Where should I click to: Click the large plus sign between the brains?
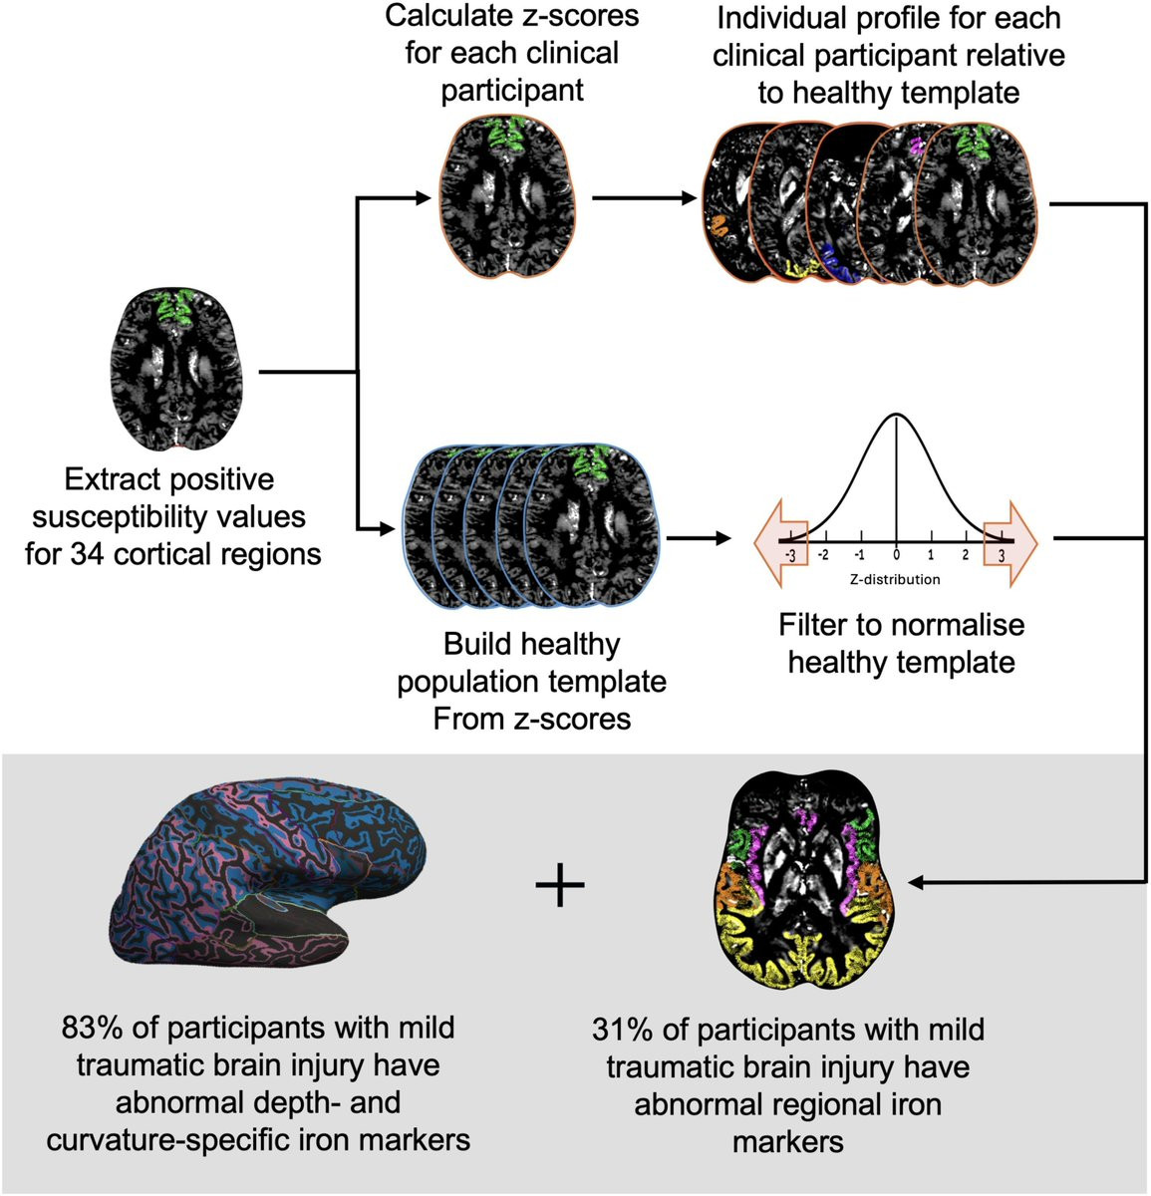pos(560,885)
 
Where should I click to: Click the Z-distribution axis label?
pos(895,579)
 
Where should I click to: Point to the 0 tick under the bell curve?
pos(897,554)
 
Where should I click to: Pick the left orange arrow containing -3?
pos(781,543)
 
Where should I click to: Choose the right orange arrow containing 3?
pos(1009,543)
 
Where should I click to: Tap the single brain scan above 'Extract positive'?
pos(176,370)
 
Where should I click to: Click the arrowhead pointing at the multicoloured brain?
pos(916,883)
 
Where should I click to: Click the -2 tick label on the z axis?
pos(824,554)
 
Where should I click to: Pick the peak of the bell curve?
pos(897,415)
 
